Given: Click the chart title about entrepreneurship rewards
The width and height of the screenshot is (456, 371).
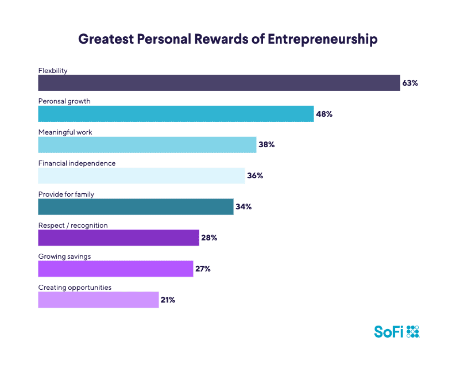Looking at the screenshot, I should (228, 39).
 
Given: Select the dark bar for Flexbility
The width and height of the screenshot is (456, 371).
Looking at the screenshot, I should (219, 83).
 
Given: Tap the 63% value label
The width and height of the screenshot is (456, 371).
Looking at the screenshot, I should (410, 83).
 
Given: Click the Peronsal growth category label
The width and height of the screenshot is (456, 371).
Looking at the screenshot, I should (64, 101).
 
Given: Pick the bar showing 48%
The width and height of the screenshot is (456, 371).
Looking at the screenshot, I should (176, 114).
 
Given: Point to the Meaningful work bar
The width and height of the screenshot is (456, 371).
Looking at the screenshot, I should (147, 145).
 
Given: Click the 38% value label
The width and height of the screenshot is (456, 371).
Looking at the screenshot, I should (266, 145).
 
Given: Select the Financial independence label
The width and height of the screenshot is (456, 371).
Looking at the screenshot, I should (77, 163).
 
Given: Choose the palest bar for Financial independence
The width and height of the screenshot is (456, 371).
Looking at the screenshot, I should (141, 176).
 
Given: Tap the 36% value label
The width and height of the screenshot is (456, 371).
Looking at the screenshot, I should (255, 176).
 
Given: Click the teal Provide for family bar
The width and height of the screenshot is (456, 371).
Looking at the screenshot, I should (136, 207).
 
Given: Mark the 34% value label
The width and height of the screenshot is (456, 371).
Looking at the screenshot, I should (244, 207).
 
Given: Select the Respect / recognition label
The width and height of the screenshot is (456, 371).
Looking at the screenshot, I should (73, 225).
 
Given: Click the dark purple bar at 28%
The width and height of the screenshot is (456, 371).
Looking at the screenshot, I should (118, 238).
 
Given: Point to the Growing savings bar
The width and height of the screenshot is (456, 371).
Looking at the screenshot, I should (115, 269).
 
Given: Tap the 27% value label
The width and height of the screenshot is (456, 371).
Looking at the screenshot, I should (203, 269).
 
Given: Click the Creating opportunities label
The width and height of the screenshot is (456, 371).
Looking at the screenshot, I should (75, 288).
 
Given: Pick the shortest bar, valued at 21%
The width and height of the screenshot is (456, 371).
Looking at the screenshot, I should (98, 300).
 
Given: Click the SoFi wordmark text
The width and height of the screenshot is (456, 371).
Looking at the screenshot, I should (389, 332).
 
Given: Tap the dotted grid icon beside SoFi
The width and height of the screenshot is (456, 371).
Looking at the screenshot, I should (413, 331).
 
